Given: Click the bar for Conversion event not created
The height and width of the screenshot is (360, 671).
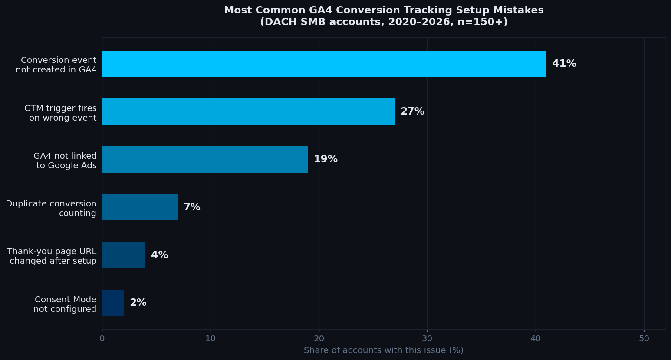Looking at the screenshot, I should tap(324, 64).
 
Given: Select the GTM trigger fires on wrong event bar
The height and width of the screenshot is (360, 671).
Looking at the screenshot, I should tap(248, 111).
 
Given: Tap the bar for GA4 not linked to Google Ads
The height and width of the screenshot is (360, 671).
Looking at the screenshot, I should tap(205, 159).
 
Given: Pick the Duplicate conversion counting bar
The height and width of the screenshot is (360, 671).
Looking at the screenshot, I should tap(140, 207).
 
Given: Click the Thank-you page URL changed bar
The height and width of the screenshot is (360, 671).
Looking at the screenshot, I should tap(124, 255).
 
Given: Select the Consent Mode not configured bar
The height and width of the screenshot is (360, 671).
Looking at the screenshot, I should tap(113, 303).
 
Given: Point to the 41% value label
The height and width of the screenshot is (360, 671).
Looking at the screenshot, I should tap(564, 64).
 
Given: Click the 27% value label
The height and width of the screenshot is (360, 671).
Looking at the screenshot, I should tap(412, 111).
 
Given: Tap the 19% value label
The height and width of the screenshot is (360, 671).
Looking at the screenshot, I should tap(326, 159).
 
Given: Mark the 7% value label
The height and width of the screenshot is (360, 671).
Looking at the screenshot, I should tap(192, 207).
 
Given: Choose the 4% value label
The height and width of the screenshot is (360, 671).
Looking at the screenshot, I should tap(159, 255).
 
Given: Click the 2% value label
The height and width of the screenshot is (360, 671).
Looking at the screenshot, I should tap(138, 303).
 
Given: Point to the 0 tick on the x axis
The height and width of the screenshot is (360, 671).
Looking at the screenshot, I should tap(102, 339).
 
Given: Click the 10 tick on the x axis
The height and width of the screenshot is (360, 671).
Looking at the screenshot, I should tap(211, 339).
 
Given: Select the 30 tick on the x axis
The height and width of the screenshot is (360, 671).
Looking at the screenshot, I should tap(427, 339).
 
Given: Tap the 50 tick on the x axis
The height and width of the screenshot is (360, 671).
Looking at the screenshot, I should tap(644, 339).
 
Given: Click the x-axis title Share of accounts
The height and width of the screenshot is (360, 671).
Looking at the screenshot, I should tap(384, 350).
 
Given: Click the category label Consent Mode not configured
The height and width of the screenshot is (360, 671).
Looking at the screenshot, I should tap(65, 304).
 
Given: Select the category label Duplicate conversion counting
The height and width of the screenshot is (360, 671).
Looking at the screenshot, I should tap(51, 208).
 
